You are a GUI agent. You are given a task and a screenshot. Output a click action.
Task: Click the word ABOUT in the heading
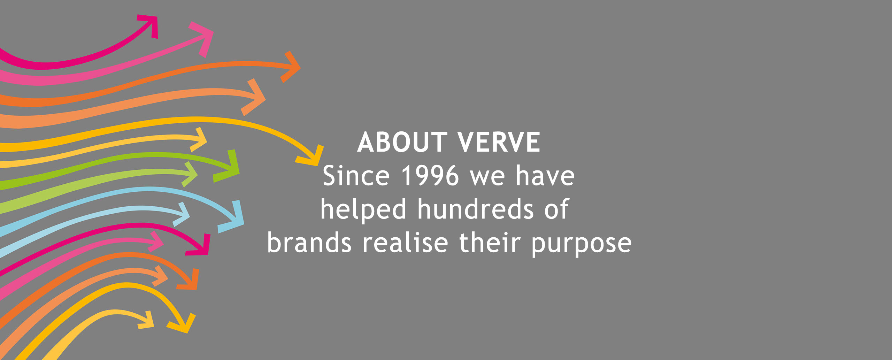(402, 142)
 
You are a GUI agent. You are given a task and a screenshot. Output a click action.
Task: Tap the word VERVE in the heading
(499, 142)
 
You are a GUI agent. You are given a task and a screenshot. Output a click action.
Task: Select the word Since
(356, 176)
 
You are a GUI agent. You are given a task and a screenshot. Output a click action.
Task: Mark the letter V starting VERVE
(467, 142)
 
